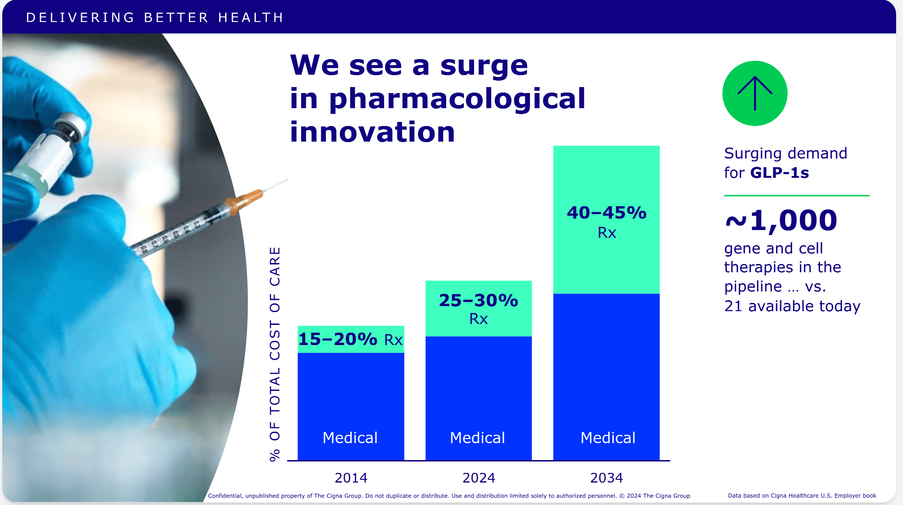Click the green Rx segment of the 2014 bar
click(351, 339)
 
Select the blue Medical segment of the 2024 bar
click(479, 398)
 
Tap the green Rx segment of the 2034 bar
click(606, 220)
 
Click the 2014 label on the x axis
click(351, 478)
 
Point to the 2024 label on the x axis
click(479, 478)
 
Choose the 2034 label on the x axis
click(606, 478)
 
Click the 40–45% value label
click(606, 213)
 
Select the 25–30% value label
click(479, 300)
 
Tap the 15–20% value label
click(338, 339)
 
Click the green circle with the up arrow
click(755, 93)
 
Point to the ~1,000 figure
click(781, 220)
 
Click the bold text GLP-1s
click(780, 173)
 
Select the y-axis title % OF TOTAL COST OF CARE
click(275, 354)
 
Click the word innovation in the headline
click(372, 132)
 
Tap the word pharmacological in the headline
click(457, 99)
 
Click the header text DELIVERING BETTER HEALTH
click(155, 17)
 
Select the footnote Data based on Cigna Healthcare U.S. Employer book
click(802, 495)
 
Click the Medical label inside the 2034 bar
click(608, 438)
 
